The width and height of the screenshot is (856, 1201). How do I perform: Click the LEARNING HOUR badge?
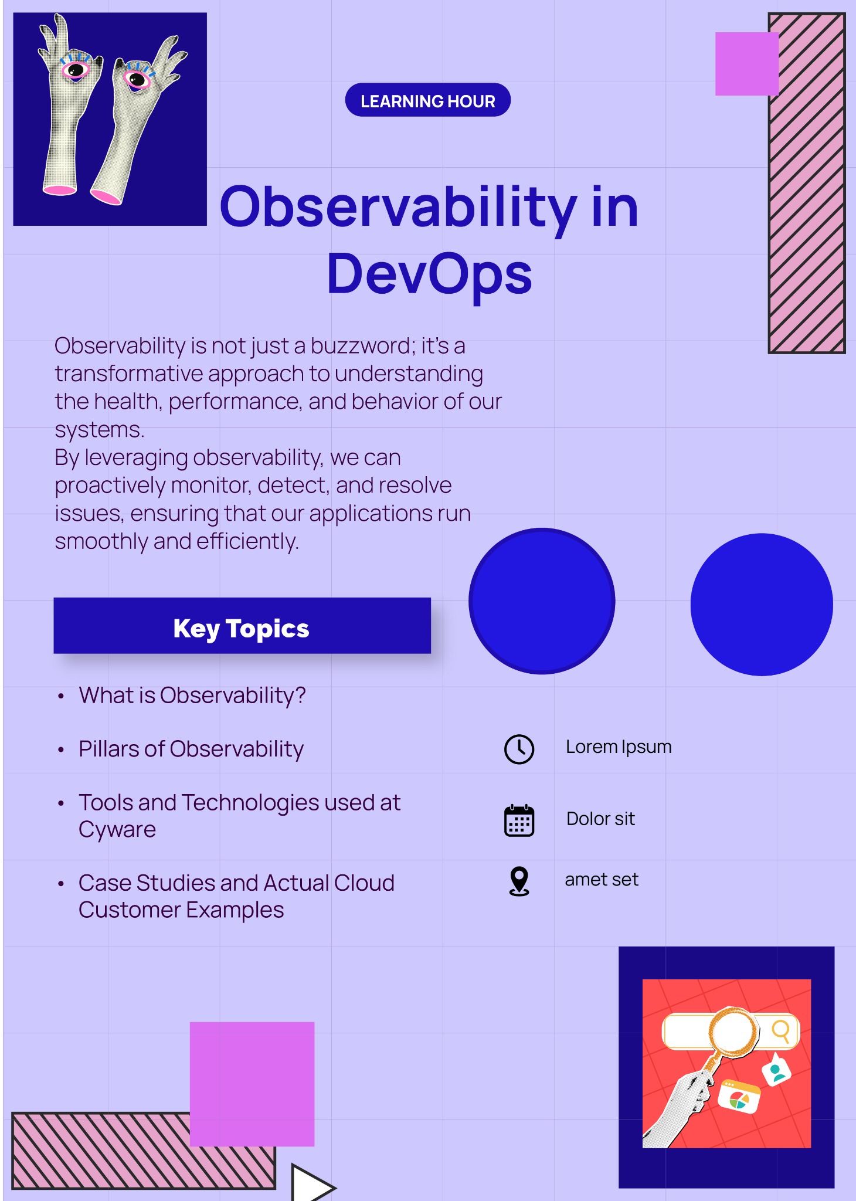pyautogui.click(x=427, y=100)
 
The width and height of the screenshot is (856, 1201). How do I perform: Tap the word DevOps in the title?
pyautogui.click(x=429, y=274)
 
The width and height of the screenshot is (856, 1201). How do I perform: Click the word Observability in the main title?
pyautogui.click(x=399, y=208)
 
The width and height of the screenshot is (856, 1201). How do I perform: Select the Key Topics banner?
pyautogui.click(x=242, y=626)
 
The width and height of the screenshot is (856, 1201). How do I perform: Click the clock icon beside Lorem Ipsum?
pyautogui.click(x=519, y=749)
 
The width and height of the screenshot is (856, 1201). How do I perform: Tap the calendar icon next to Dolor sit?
pyautogui.click(x=519, y=820)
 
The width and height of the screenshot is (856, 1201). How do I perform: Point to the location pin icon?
pyautogui.click(x=519, y=881)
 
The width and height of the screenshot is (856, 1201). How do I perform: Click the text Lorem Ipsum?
pyautogui.click(x=619, y=747)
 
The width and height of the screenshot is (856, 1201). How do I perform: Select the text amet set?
pyautogui.click(x=602, y=880)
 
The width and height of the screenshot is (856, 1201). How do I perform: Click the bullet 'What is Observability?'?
pyautogui.click(x=192, y=696)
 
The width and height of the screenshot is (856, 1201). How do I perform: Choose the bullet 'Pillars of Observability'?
pyautogui.click(x=191, y=749)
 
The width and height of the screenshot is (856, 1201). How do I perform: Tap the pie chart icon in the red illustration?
pyautogui.click(x=739, y=1097)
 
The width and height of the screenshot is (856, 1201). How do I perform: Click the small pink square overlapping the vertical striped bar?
pyautogui.click(x=747, y=64)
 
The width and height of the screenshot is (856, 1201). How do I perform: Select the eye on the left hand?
pyautogui.click(x=76, y=70)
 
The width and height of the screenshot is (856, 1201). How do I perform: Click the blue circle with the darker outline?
pyautogui.click(x=542, y=601)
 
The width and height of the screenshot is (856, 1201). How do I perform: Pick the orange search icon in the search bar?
pyautogui.click(x=781, y=1030)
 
